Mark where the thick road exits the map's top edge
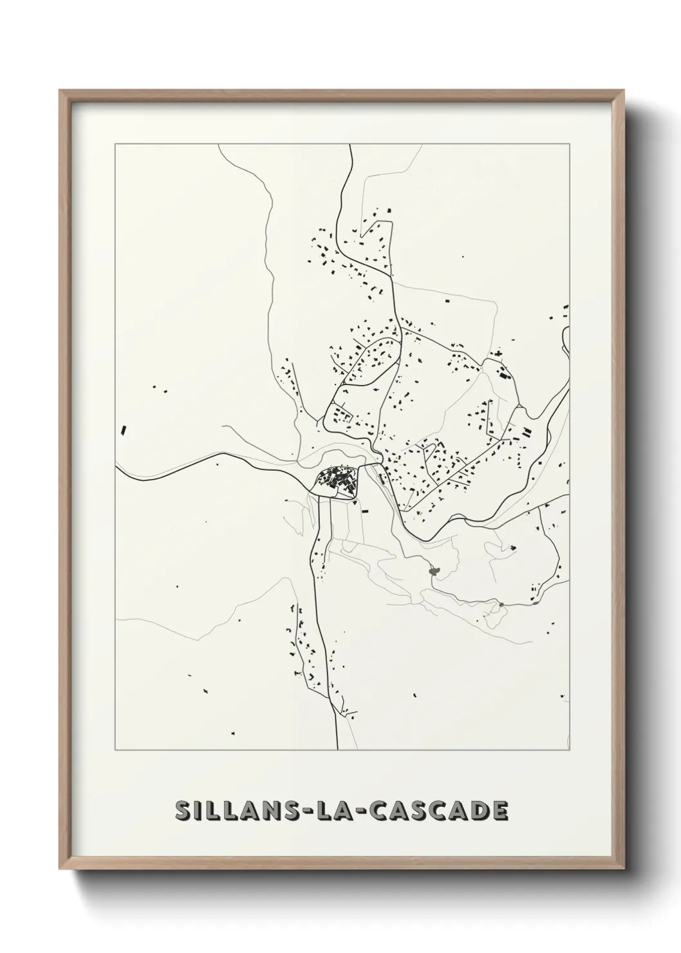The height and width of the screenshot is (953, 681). pos(350,146)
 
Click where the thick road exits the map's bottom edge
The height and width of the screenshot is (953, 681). pos(338,749)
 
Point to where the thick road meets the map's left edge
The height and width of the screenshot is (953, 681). pos(117,467)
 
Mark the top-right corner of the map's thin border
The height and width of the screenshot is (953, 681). pos(569,144)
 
